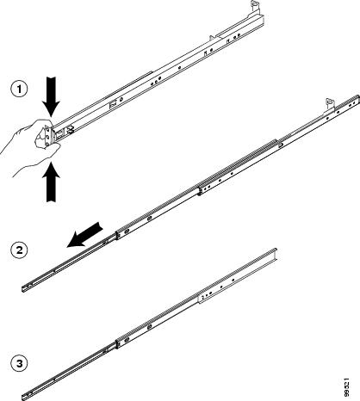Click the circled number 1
19,89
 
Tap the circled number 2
19,250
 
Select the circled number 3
19,364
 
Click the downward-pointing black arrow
51,96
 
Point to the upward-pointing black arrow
51,182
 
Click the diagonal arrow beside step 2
84,235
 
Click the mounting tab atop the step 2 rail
330,104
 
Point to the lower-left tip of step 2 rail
22,289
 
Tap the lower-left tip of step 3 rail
22,398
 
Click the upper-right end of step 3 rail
276,250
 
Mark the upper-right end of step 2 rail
358,96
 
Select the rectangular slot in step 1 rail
114,103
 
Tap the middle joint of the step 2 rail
200,190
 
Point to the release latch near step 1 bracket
70,130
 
